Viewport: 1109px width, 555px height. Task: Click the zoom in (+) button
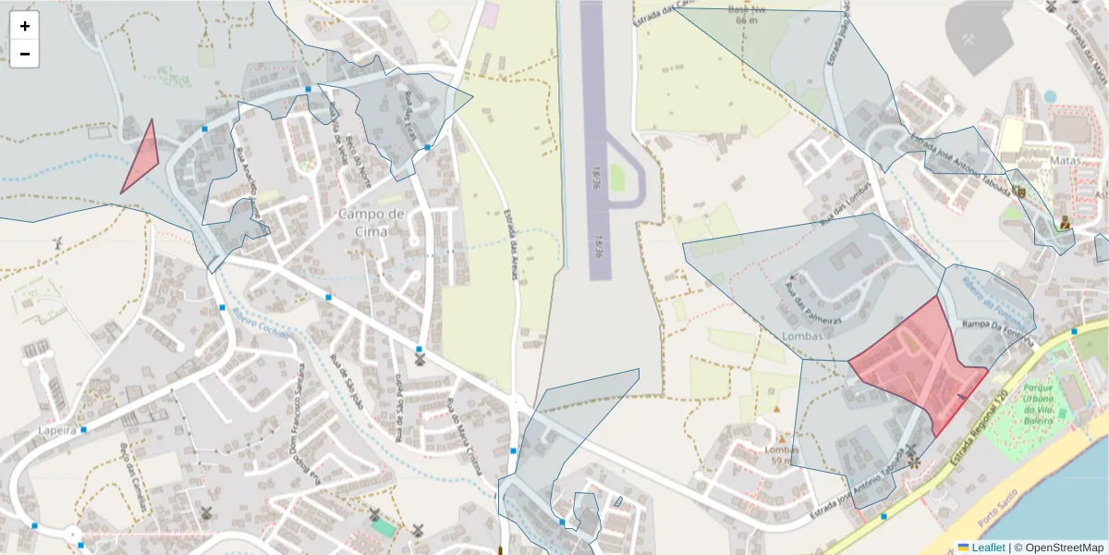click(25, 26)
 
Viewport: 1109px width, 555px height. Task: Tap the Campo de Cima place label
click(372, 221)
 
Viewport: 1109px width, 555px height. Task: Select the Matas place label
click(1065, 160)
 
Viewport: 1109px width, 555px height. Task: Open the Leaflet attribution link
click(981, 548)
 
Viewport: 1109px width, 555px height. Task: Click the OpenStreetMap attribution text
click(1058, 548)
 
